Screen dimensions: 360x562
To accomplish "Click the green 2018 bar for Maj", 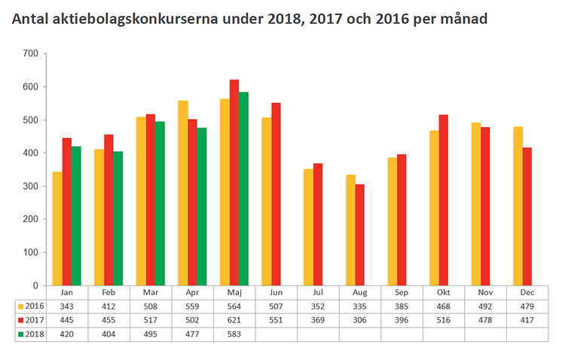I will click(x=243, y=188).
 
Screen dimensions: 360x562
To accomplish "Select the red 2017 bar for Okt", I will click(x=443, y=200).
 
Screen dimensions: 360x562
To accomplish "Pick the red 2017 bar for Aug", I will click(x=359, y=234).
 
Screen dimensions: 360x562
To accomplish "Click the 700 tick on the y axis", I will click(x=31, y=53).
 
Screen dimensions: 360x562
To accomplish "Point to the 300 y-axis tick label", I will click(x=31, y=186).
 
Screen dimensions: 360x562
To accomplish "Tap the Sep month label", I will click(x=401, y=291).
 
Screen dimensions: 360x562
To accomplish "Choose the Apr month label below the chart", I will click(x=191, y=291).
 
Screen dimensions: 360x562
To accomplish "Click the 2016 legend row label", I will click(x=32, y=306).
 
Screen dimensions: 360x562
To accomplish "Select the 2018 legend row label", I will click(x=32, y=334).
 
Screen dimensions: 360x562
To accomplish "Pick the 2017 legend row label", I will click(x=32, y=320).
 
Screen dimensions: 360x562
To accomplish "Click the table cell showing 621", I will click(x=234, y=320).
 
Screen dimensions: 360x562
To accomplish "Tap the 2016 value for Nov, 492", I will click(x=484, y=306).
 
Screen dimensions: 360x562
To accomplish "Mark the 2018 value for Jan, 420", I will click(x=66, y=334).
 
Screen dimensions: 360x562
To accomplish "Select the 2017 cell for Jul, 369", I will click(x=317, y=320).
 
